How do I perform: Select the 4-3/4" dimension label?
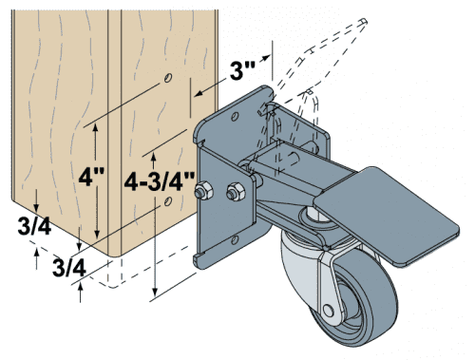(160, 181)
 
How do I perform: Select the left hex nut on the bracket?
(201, 195)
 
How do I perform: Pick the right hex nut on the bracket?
(234, 194)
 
